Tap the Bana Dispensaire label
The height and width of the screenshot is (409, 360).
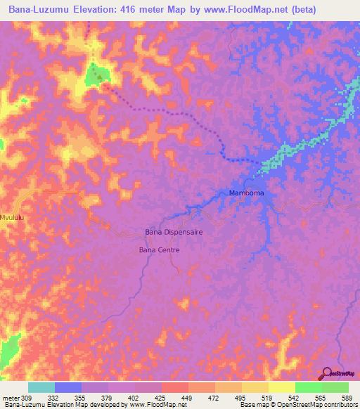(x=173, y=231)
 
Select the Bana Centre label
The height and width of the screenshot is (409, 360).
(x=160, y=249)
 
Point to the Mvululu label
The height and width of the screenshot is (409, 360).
(x=13, y=218)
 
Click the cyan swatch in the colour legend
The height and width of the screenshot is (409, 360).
(x=41, y=387)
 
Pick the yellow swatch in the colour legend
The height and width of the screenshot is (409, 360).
(x=281, y=387)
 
